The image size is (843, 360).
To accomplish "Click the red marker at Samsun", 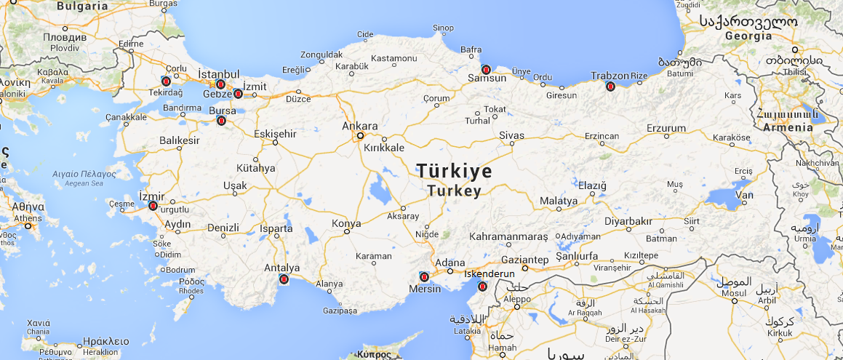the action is click(486, 70).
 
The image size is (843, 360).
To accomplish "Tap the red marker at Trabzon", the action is click(610, 87).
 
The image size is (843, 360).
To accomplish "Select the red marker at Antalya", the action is click(284, 279).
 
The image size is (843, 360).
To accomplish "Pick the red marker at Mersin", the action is click(424, 276).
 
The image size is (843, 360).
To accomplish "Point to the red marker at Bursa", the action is click(222, 121).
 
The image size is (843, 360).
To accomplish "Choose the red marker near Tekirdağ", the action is click(166, 80).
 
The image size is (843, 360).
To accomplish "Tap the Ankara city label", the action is click(359, 126).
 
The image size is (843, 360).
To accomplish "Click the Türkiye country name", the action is click(454, 171).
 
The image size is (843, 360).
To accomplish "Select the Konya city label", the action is click(345, 224).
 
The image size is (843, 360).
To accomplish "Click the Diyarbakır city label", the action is click(628, 222).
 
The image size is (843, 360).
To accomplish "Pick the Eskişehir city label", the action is click(276, 134).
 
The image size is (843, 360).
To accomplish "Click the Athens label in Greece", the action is click(27, 217).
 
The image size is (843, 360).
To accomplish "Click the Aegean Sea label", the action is click(84, 184).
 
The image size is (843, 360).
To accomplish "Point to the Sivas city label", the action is click(511, 135).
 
